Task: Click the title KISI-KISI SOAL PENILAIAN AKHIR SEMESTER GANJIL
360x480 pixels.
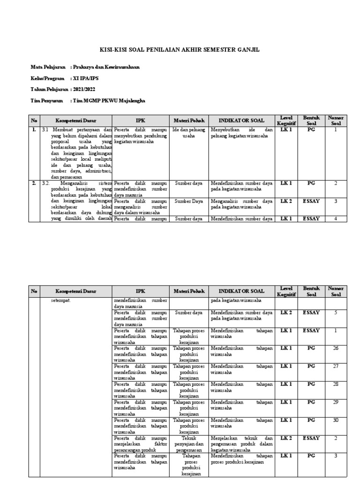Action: [x=180, y=50]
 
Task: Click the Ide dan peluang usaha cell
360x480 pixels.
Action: [x=188, y=133]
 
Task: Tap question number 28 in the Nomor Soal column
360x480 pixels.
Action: [x=335, y=384]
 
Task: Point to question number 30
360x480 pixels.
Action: [x=335, y=420]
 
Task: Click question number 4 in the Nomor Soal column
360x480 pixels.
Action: [x=335, y=218]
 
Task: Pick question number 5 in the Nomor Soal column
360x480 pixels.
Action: [x=335, y=312]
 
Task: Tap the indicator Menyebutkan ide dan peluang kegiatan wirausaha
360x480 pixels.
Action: [x=241, y=133]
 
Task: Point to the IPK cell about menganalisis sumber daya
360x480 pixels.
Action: [x=141, y=207]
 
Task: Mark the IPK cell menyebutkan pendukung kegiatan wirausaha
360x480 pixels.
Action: [x=141, y=135]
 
